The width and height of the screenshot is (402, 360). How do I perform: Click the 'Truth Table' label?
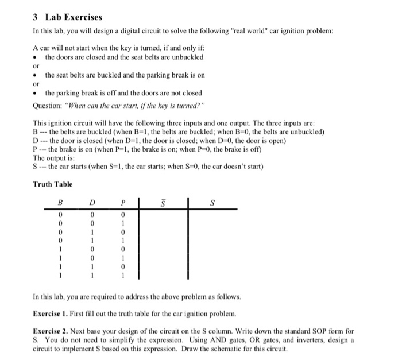(53, 184)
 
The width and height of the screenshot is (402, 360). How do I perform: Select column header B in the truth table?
(60, 203)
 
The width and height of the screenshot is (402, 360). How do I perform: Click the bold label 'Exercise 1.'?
(55, 315)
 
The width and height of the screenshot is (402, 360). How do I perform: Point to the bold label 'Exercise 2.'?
(55, 331)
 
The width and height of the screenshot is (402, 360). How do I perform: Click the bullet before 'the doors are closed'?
(37, 57)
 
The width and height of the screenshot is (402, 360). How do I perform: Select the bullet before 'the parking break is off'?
(37, 93)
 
